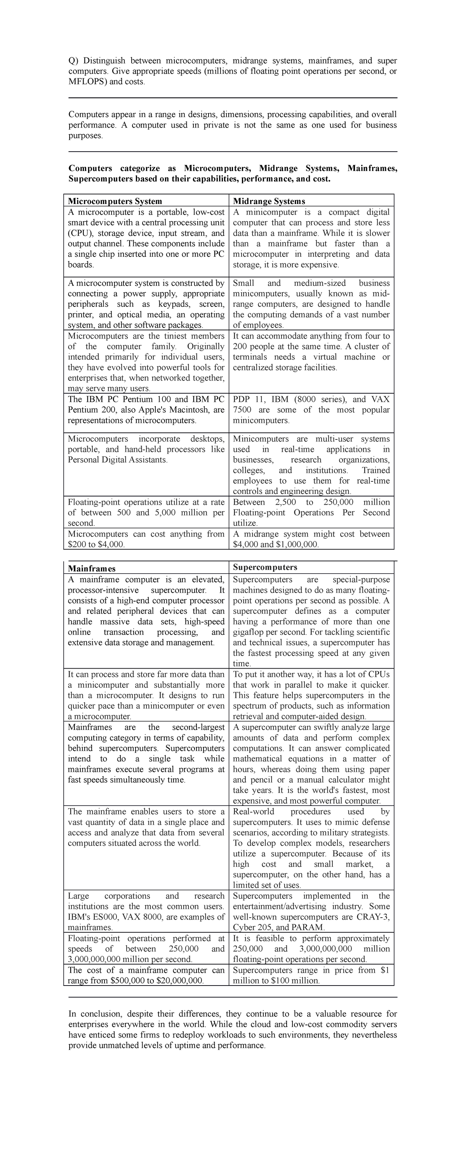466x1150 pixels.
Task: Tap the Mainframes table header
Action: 92,568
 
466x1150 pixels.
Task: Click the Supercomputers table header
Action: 264,567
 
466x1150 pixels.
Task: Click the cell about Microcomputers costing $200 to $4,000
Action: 146,539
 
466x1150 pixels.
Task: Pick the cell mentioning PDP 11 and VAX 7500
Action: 311,409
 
